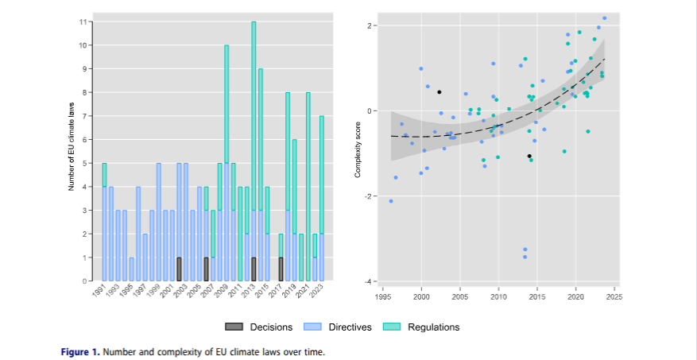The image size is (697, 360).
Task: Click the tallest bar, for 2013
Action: tap(254, 151)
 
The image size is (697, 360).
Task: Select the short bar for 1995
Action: tap(131, 269)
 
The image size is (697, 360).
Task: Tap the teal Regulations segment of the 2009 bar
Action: tap(227, 103)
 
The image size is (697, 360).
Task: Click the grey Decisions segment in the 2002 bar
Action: tap(179, 269)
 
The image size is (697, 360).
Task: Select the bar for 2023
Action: tap(322, 199)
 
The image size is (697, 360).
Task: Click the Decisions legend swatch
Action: tap(234, 327)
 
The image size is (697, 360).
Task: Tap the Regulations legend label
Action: tap(433, 327)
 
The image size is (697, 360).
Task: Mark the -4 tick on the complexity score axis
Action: tap(370, 281)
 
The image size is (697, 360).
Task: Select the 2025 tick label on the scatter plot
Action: tap(614, 296)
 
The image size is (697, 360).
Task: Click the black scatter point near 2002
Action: tap(439, 92)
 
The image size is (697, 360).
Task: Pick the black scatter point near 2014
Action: tap(529, 156)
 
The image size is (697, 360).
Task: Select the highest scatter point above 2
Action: tap(604, 18)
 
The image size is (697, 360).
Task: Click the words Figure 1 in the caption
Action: tap(79, 350)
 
